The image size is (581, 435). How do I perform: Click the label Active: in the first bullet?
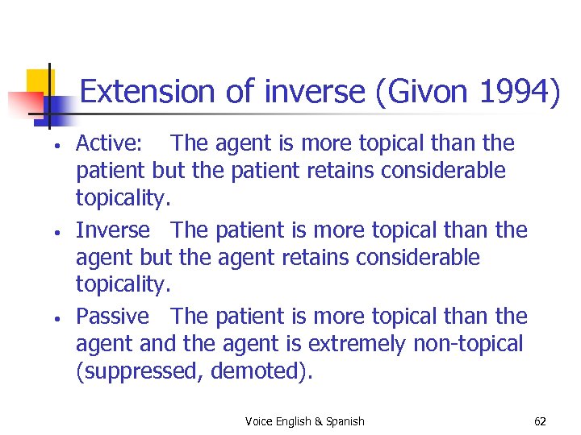click(x=109, y=143)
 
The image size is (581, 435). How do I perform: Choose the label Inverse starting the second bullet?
click(x=113, y=230)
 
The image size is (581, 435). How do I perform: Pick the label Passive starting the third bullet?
click(x=113, y=317)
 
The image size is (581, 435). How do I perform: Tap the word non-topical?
click(x=468, y=345)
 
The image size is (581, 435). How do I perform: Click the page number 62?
click(x=540, y=421)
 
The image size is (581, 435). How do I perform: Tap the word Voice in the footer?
click(x=258, y=421)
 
